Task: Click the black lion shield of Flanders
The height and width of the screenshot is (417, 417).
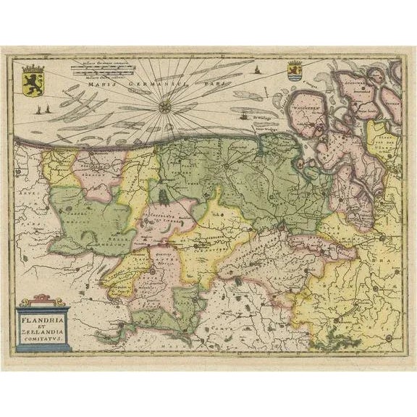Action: tap(33, 80)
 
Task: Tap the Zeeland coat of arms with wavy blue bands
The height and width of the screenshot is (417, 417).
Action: tap(293, 73)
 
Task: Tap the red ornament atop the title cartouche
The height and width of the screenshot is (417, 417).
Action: tap(43, 299)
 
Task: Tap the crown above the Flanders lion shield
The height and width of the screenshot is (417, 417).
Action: tap(33, 68)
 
